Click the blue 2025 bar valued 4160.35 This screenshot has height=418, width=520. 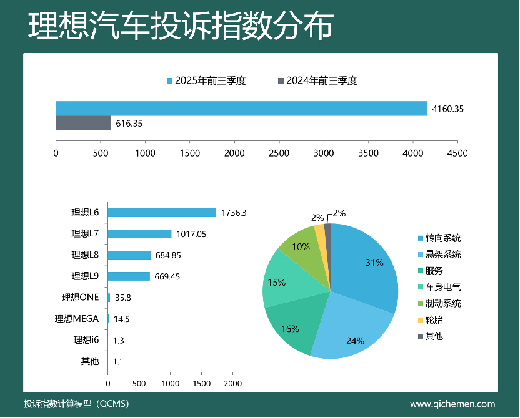[242, 108]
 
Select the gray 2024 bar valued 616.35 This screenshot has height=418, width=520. [84, 123]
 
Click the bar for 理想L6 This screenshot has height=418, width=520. [162, 213]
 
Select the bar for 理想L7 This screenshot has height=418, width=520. [139, 234]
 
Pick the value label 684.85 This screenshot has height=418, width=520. [167, 255]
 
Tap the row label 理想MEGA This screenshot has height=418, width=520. [77, 319]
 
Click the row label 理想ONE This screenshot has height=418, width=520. [81, 298]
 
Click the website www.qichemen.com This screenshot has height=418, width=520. [452, 404]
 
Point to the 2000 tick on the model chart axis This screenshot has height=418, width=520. [233, 383]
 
